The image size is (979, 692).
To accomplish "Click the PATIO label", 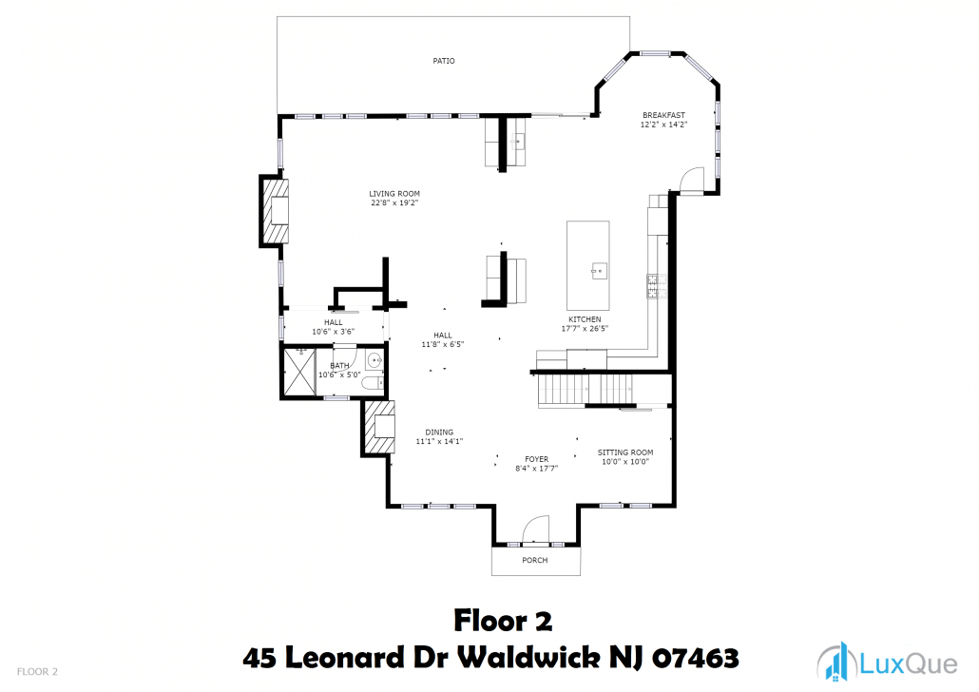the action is coord(444,61).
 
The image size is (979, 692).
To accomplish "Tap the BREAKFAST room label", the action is coord(663,115).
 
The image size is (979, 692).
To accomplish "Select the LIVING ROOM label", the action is coord(394,194).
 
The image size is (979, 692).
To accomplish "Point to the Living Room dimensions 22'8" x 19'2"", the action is coord(394,203).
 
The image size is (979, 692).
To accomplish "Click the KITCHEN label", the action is coord(585,319).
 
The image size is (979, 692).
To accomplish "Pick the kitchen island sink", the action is coord(599,271).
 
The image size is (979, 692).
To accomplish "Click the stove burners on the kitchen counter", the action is coord(656,286).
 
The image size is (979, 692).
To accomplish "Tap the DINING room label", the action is coord(439,432).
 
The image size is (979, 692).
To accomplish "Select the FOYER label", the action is coord(537,459).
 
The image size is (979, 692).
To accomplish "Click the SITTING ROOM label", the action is coord(625,452).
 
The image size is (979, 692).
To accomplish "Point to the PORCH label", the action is coord(535,560).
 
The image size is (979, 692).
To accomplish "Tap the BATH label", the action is coord(339,366).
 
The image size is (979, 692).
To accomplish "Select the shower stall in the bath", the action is coord(299,373).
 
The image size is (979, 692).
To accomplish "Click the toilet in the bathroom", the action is coord(373,383).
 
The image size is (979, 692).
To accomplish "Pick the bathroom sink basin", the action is coord(374,359).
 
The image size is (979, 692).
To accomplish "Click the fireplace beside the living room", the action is coord(275,211).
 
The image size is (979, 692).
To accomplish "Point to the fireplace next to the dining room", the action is coord(379,427).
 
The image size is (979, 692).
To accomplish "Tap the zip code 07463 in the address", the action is coord(696,659).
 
